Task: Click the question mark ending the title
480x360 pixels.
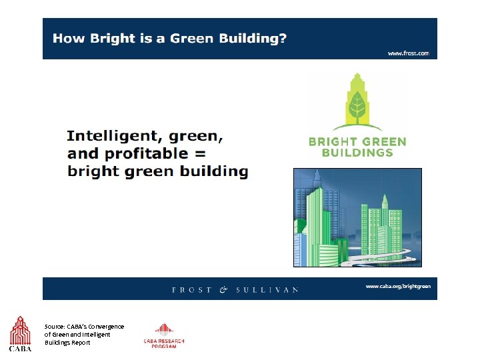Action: (283, 38)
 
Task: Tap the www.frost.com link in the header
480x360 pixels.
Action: (409, 53)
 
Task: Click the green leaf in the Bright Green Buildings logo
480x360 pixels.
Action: (357, 105)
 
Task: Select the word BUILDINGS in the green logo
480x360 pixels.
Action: (357, 152)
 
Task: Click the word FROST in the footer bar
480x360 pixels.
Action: (192, 290)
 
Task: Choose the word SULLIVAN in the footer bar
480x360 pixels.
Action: (267, 290)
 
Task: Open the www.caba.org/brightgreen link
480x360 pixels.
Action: (397, 286)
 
